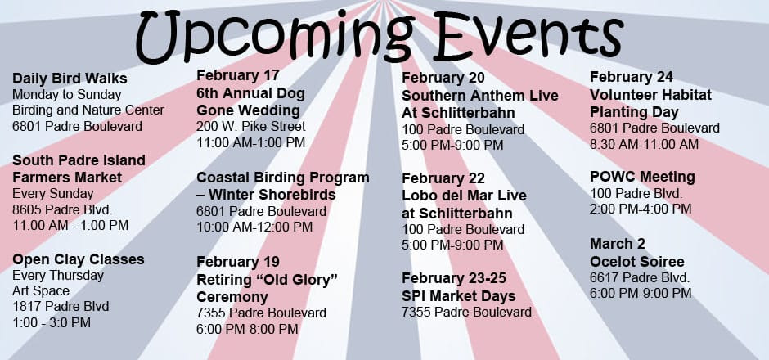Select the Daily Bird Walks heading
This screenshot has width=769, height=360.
[70, 79]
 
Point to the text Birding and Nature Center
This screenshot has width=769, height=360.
[88, 110]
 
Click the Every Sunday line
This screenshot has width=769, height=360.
[53, 193]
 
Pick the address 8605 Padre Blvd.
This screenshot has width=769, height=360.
[62, 209]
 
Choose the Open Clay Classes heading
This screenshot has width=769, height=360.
[79, 259]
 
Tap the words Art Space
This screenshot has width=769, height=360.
[41, 290]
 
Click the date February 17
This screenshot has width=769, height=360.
[238, 75]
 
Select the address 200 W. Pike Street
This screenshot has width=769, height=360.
[251, 126]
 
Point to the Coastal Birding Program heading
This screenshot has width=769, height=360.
[283, 177]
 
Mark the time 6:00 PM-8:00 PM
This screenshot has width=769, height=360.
[247, 329]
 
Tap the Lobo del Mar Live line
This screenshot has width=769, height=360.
[464, 196]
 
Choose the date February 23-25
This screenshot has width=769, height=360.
[454, 278]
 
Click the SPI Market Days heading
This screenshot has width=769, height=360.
[459, 295]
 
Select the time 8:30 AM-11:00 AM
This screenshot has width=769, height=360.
[645, 144]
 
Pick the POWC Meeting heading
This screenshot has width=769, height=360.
[642, 177]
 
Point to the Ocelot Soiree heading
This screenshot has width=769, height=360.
[637, 262]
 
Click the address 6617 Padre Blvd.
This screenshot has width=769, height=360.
[640, 277]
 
